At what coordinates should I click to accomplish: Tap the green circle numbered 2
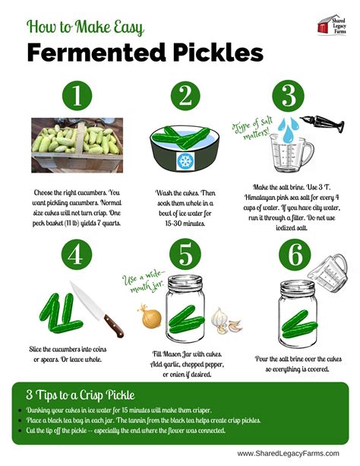click(184, 97)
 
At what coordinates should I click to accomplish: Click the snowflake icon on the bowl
click(185, 161)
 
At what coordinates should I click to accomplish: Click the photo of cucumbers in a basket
click(76, 146)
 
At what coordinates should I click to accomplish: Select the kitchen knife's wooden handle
click(112, 326)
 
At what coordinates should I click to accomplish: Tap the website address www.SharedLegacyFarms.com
click(291, 453)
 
